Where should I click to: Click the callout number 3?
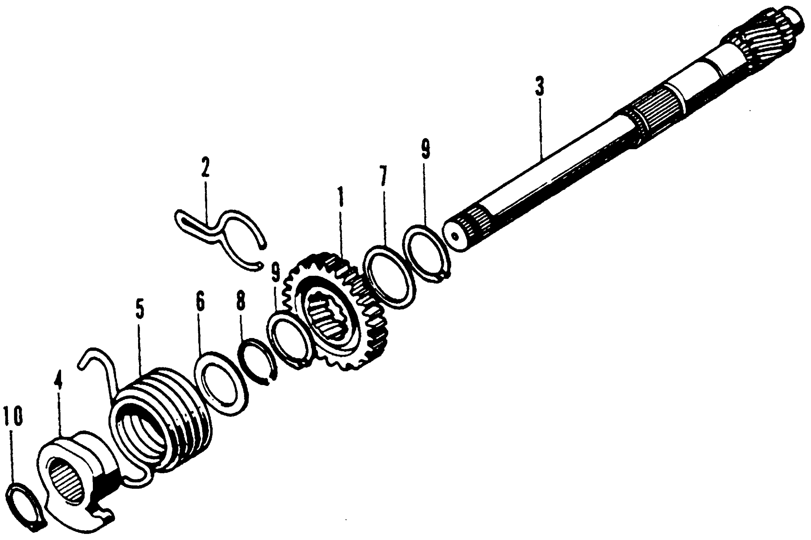coord(540,87)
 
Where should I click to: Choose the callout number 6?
coord(200,301)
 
